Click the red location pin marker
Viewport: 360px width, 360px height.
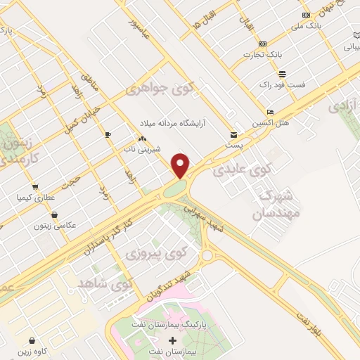pyautogui.click(x=181, y=165)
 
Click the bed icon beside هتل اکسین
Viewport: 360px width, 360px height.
pyautogui.click(x=271, y=112)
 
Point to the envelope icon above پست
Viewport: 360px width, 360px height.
pyautogui.click(x=234, y=134)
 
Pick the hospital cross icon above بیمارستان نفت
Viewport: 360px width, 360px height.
pyautogui.click(x=172, y=340)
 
